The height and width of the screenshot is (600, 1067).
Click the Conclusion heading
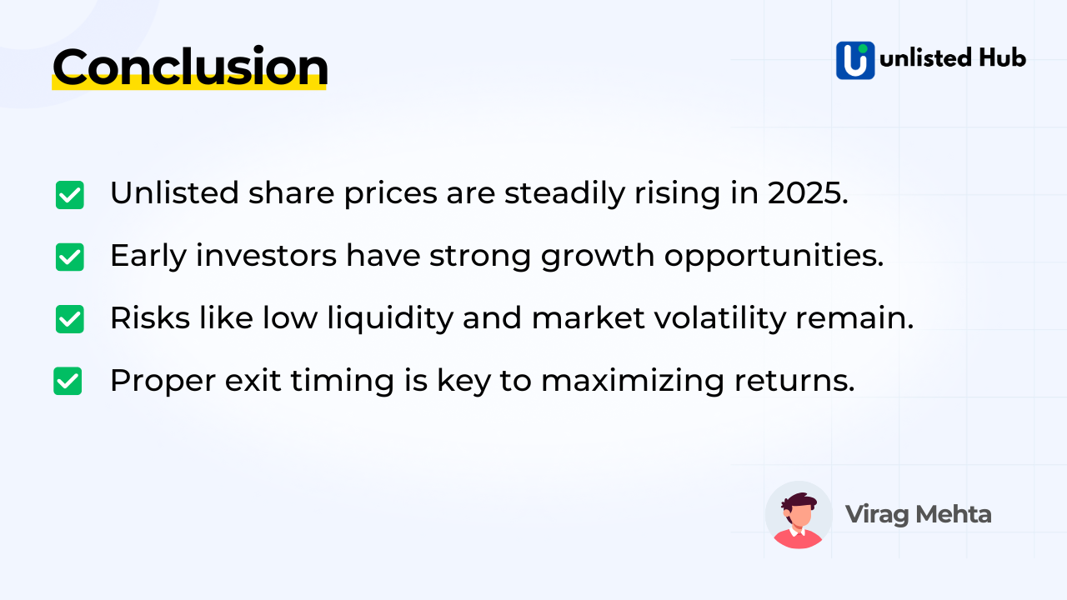pyautogui.click(x=190, y=67)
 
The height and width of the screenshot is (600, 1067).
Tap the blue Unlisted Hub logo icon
pyautogui.click(x=855, y=60)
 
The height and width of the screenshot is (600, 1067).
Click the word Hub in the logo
pyautogui.click(x=1000, y=57)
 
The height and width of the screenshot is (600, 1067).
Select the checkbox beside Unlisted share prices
pyautogui.click(x=70, y=195)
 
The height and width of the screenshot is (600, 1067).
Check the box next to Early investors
pyautogui.click(x=70, y=257)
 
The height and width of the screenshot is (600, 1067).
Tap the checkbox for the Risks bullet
pyautogui.click(x=70, y=319)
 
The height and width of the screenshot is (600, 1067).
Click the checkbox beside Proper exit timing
pyautogui.click(x=68, y=381)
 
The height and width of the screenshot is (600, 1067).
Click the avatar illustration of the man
pyautogui.click(x=798, y=515)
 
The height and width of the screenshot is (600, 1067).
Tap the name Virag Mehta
pyautogui.click(x=918, y=514)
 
